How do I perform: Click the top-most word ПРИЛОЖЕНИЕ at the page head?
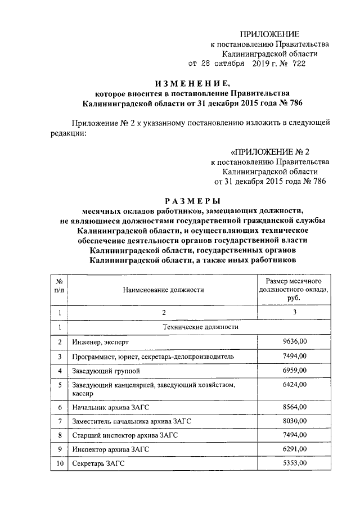(270, 34)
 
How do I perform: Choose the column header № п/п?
(60, 285)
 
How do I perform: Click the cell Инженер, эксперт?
(100, 342)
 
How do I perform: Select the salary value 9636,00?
(295, 341)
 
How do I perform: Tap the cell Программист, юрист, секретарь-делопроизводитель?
(149, 356)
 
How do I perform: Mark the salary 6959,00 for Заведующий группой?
(295, 371)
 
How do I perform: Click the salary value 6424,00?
(295, 385)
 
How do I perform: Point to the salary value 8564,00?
(295, 407)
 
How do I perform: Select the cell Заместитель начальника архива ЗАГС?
(132, 421)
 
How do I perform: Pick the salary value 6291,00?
(295, 449)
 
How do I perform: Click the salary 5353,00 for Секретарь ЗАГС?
(295, 463)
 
